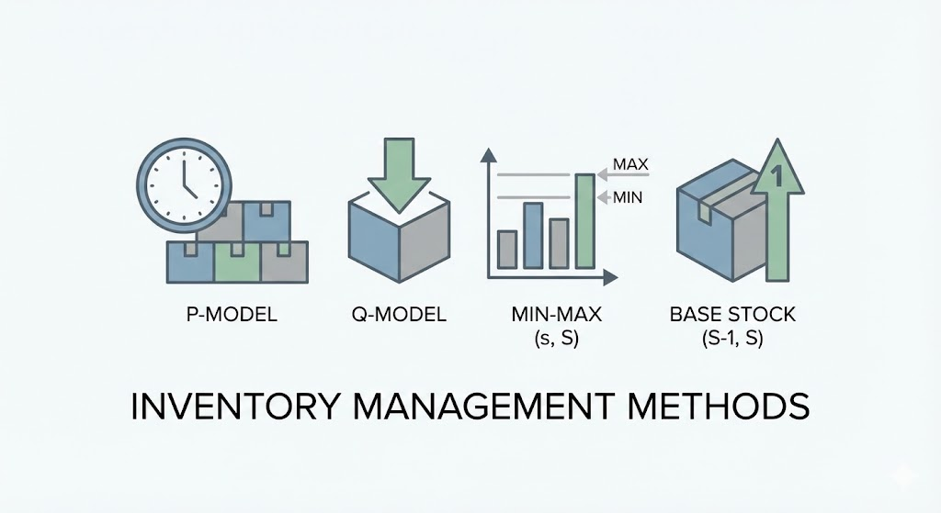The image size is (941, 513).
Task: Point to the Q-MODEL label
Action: (398, 315)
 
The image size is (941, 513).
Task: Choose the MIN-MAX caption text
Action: (556, 315)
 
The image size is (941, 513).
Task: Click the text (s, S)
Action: (556, 340)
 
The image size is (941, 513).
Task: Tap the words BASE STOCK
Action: (732, 315)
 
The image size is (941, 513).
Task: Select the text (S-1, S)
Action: (732, 340)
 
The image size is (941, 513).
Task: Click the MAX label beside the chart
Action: (630, 165)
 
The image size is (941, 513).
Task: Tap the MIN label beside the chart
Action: (628, 196)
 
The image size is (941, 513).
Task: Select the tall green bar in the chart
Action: (584, 219)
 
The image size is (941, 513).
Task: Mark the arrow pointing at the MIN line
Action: (602, 196)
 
